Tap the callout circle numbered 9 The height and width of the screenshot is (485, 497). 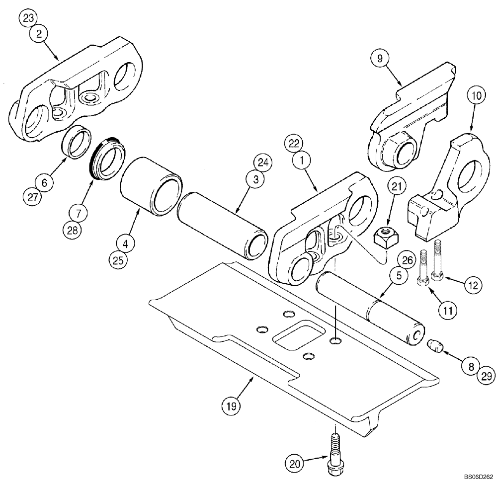(379, 58)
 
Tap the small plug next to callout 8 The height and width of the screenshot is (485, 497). (435, 346)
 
